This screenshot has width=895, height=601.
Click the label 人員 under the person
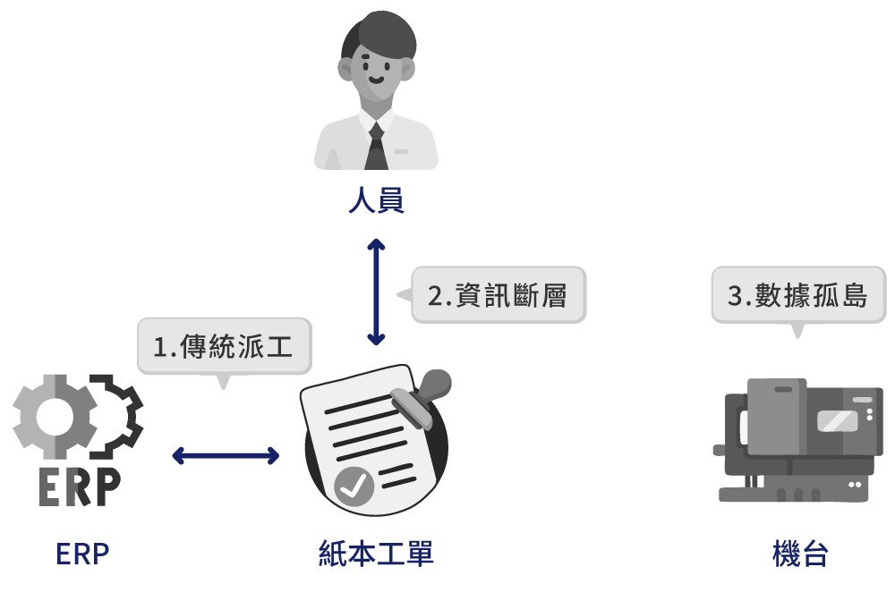376,200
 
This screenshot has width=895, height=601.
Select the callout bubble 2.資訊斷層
498,294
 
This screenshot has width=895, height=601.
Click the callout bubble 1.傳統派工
224,346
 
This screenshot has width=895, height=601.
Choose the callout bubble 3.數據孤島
798,294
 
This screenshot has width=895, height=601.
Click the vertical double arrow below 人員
376,292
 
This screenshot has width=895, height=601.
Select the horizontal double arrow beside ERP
226,455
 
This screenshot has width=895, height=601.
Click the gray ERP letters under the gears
79,487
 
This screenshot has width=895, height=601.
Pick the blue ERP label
82,554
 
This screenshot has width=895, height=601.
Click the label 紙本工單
376,554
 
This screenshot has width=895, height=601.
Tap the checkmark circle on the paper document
354,487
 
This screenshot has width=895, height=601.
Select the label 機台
800,554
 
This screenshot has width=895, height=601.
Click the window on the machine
837,420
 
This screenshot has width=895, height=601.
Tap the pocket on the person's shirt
400,152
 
